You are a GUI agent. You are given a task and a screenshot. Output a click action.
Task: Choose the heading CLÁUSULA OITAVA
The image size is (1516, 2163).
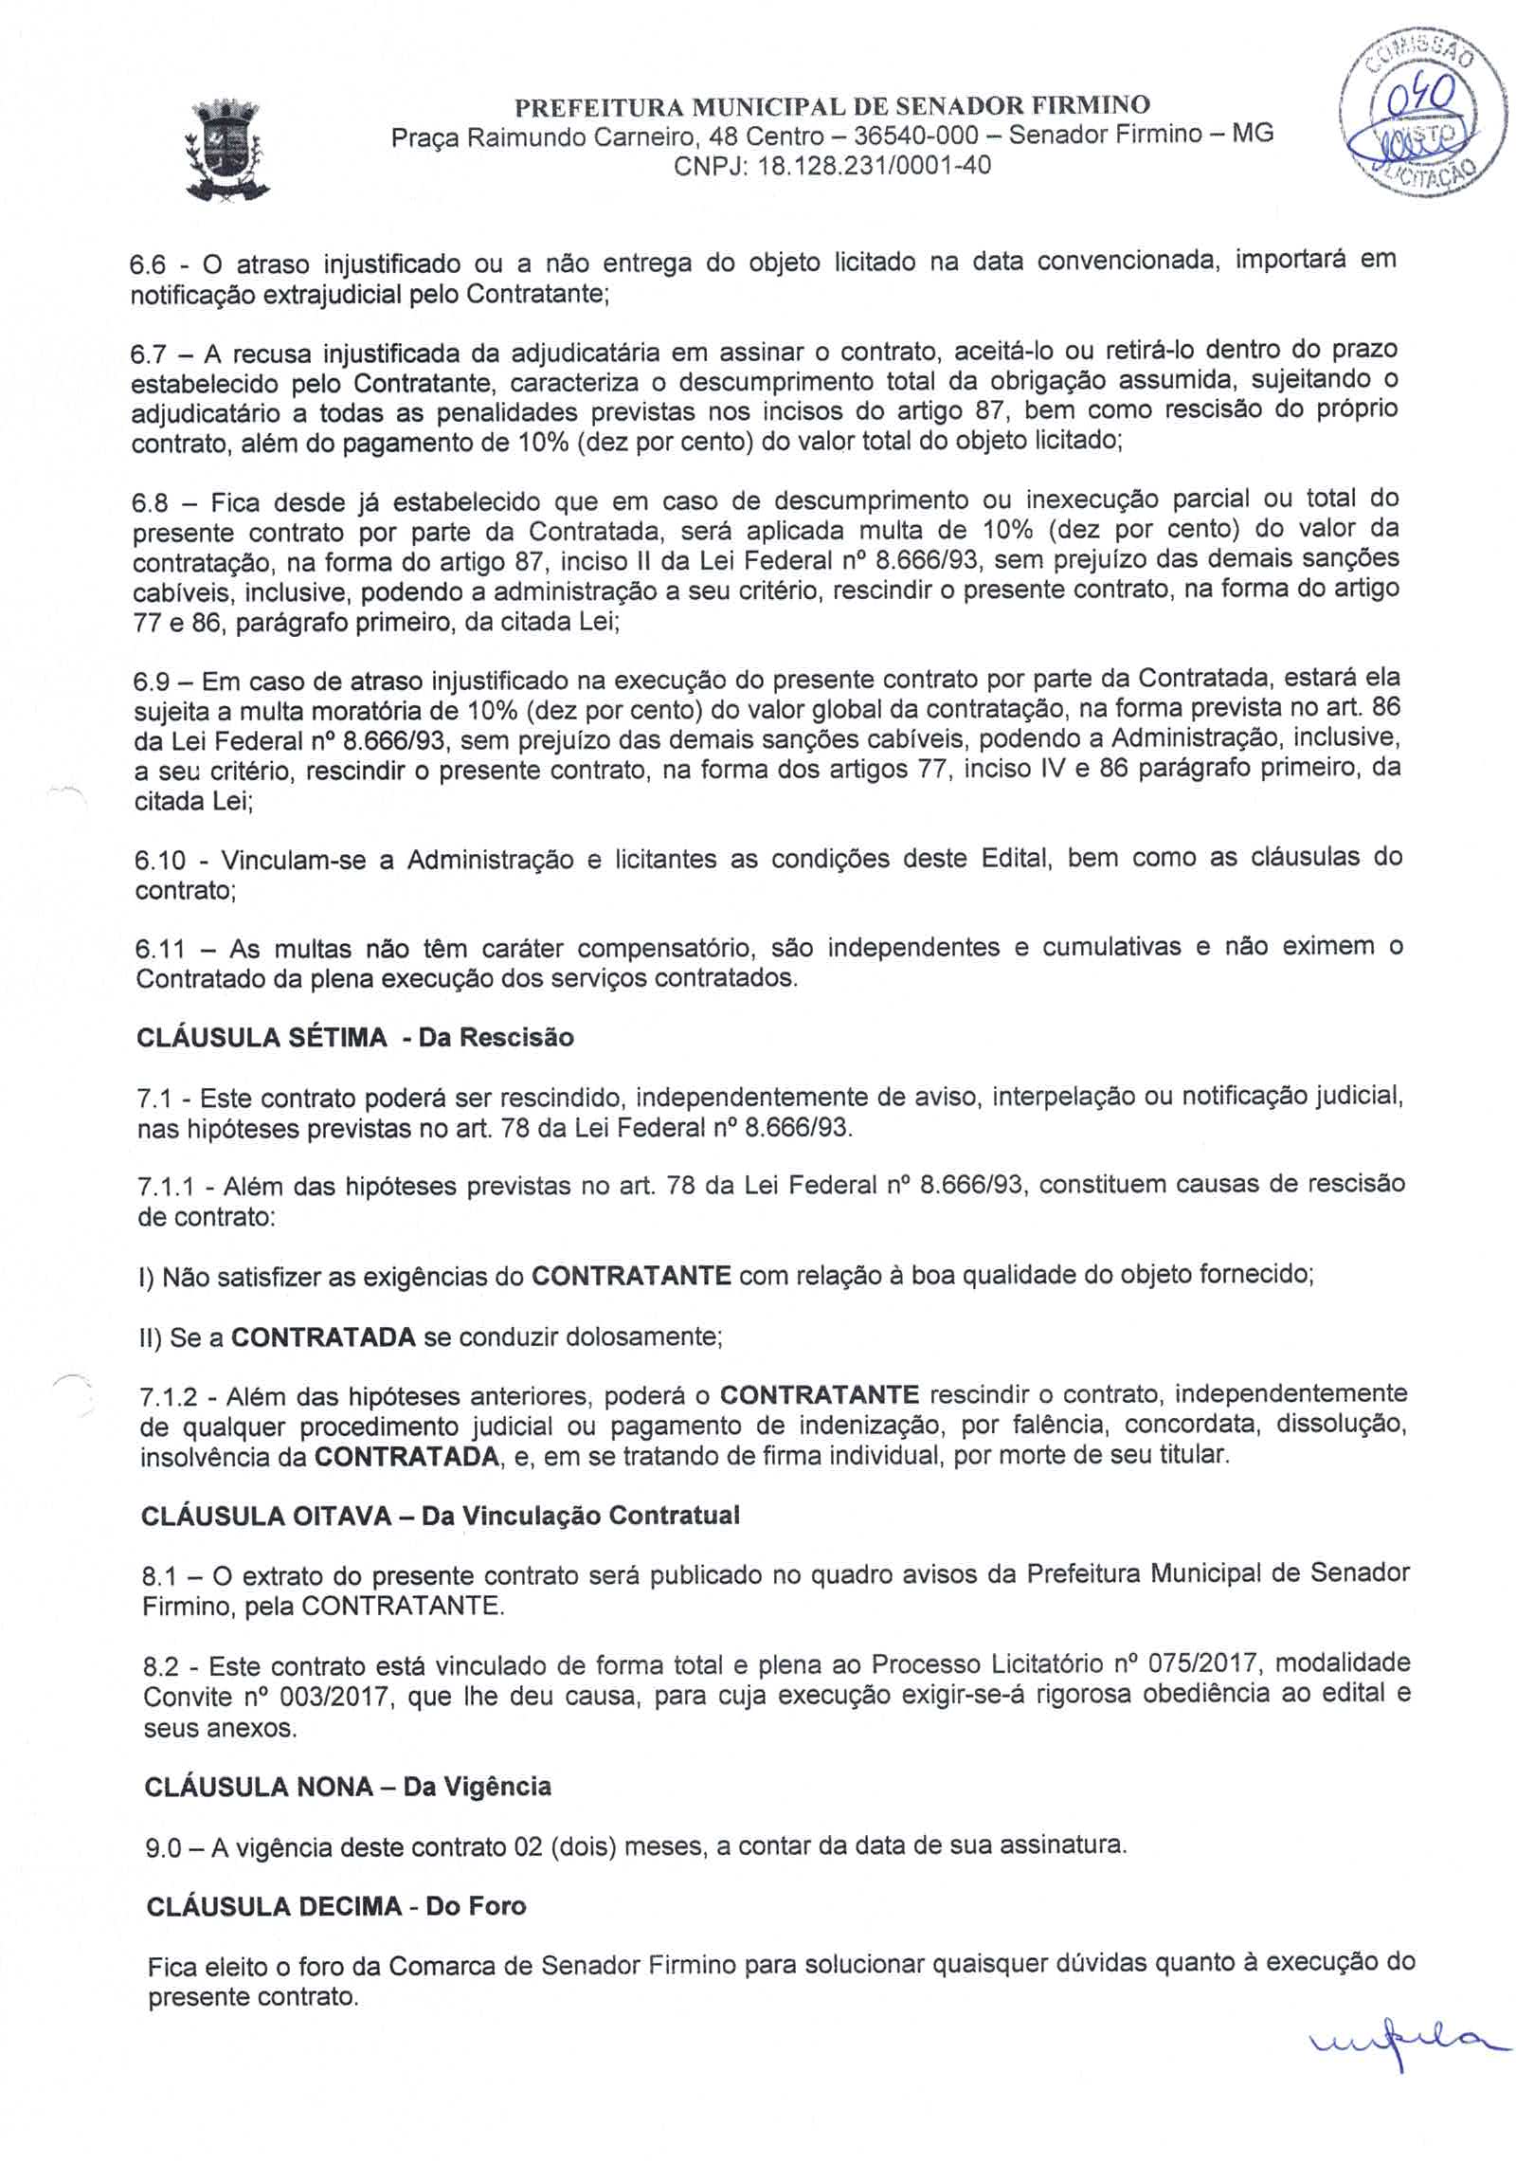(x=266, y=1516)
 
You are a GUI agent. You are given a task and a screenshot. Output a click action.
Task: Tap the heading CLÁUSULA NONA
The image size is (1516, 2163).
(x=258, y=1788)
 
